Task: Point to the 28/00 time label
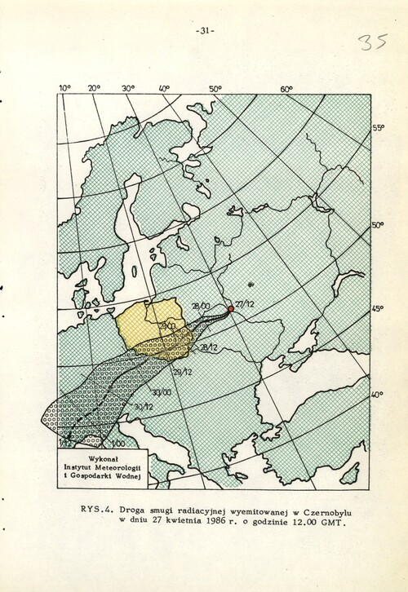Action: [x=201, y=307]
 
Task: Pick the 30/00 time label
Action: [x=161, y=393]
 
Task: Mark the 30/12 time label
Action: [x=143, y=407]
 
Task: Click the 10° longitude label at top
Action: [x=64, y=88]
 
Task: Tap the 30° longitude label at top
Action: [x=128, y=88]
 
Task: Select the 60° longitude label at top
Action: [x=287, y=89]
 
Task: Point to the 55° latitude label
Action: [x=378, y=129]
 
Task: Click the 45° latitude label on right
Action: [x=378, y=309]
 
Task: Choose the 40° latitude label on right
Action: [x=377, y=395]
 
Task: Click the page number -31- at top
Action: [x=204, y=31]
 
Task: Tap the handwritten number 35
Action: [x=372, y=42]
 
